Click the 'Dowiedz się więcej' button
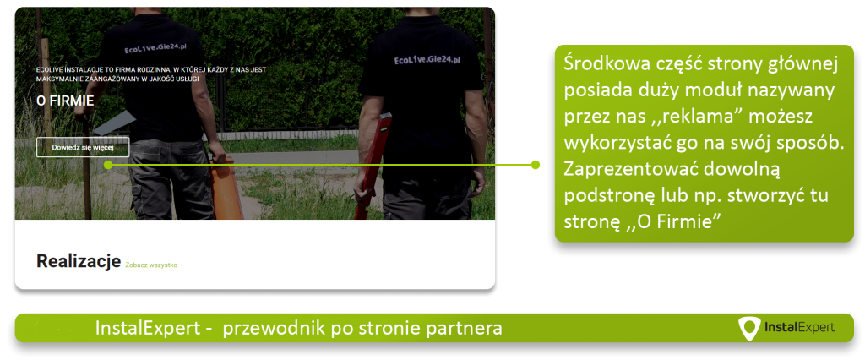tap(83, 147)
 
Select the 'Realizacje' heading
tap(79, 262)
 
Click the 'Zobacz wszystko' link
tap(151, 265)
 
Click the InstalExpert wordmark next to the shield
tap(799, 327)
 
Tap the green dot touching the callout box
tap(535, 165)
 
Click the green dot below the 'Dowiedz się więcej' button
tap(108, 165)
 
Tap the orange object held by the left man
tap(226, 188)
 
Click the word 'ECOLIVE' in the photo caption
tap(48, 70)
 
